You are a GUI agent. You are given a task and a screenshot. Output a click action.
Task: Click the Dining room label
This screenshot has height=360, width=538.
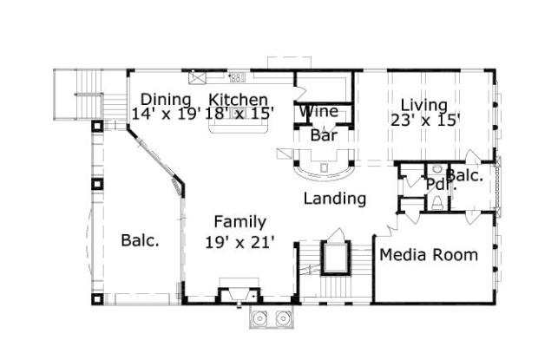point(166,99)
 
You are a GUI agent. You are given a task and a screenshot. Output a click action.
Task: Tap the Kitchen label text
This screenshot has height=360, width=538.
point(238,100)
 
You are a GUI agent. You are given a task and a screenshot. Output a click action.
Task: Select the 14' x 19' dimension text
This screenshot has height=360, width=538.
point(166,114)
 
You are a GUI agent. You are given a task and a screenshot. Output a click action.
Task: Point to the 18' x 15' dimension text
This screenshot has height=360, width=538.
point(239,114)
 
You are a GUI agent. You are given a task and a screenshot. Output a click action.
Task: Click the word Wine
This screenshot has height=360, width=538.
point(318,112)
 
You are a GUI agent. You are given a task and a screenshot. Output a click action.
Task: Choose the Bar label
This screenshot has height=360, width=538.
point(324,134)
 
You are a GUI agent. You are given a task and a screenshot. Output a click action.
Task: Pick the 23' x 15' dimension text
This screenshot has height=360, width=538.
point(425,121)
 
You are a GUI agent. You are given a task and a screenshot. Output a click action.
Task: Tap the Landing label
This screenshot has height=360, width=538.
point(334,199)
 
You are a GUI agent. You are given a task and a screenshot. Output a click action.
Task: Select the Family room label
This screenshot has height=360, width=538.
point(240,222)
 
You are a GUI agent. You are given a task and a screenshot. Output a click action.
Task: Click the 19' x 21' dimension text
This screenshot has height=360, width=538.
point(240,242)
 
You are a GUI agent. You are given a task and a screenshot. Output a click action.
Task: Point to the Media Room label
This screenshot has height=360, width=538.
point(429,254)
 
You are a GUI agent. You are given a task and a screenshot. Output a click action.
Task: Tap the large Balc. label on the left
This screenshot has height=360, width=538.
point(140,240)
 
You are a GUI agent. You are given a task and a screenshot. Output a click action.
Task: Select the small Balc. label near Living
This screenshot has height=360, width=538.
point(466,175)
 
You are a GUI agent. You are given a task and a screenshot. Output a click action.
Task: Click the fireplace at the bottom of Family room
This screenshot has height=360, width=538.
point(239,295)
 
